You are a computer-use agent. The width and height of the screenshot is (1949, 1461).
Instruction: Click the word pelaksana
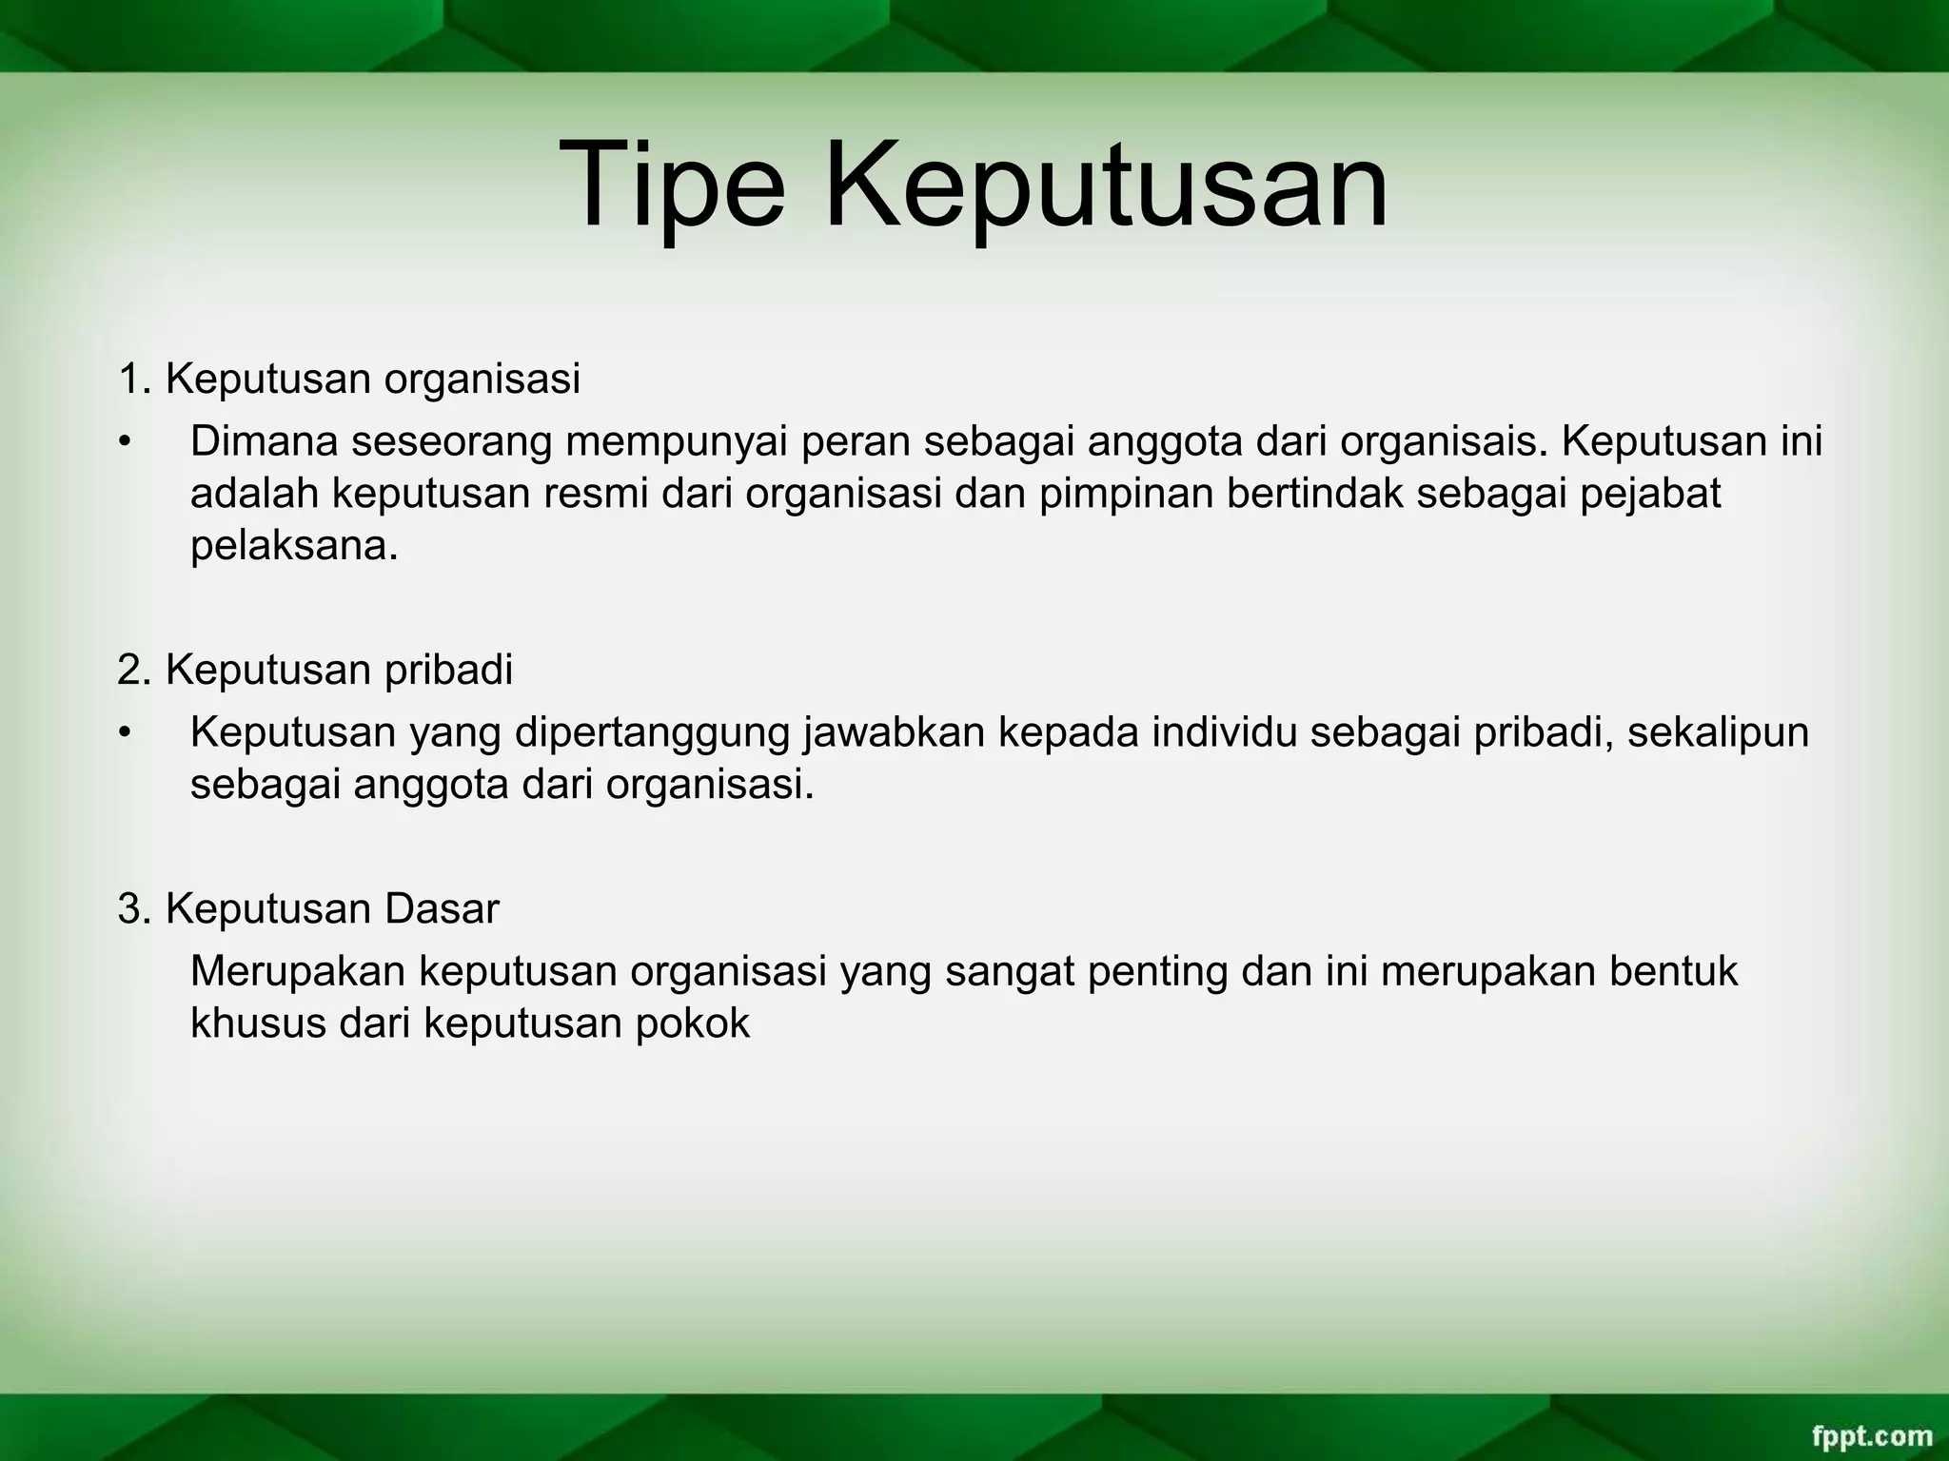(x=293, y=547)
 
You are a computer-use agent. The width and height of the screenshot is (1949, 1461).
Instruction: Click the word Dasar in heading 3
(x=442, y=909)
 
